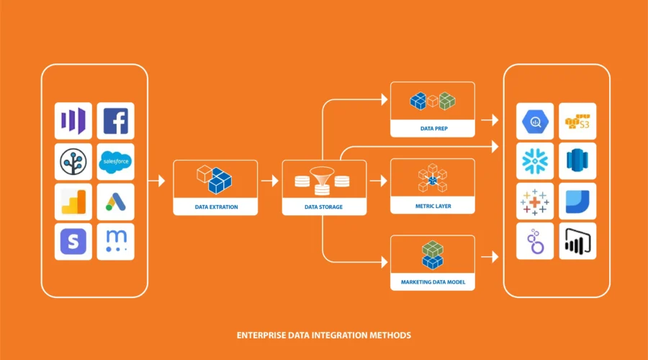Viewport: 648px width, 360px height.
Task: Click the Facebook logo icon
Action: [115, 121]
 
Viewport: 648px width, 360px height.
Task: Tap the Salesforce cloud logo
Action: [115, 161]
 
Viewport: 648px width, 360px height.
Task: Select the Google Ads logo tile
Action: [115, 202]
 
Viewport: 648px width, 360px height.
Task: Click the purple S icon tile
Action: [73, 242]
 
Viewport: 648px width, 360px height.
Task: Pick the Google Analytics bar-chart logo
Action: [73, 202]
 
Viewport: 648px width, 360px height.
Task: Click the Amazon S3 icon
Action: [577, 121]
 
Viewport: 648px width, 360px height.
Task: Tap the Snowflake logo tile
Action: [535, 161]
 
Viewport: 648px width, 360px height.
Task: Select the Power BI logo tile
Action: [577, 241]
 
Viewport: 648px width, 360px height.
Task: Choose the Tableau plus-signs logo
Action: [535, 202]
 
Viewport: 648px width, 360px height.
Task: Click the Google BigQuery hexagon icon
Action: [535, 121]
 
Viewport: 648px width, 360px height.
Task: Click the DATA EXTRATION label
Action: [216, 207]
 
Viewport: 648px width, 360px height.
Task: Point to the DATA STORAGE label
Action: [323, 207]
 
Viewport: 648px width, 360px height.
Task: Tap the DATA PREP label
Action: [432, 129]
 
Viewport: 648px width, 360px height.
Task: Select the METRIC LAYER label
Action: [432, 207]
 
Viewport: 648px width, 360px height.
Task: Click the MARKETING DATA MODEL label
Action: [432, 283]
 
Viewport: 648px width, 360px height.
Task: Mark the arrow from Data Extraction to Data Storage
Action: [269, 181]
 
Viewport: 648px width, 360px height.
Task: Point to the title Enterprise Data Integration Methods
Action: [324, 336]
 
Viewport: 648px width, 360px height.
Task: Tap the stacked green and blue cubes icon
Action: [432, 253]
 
